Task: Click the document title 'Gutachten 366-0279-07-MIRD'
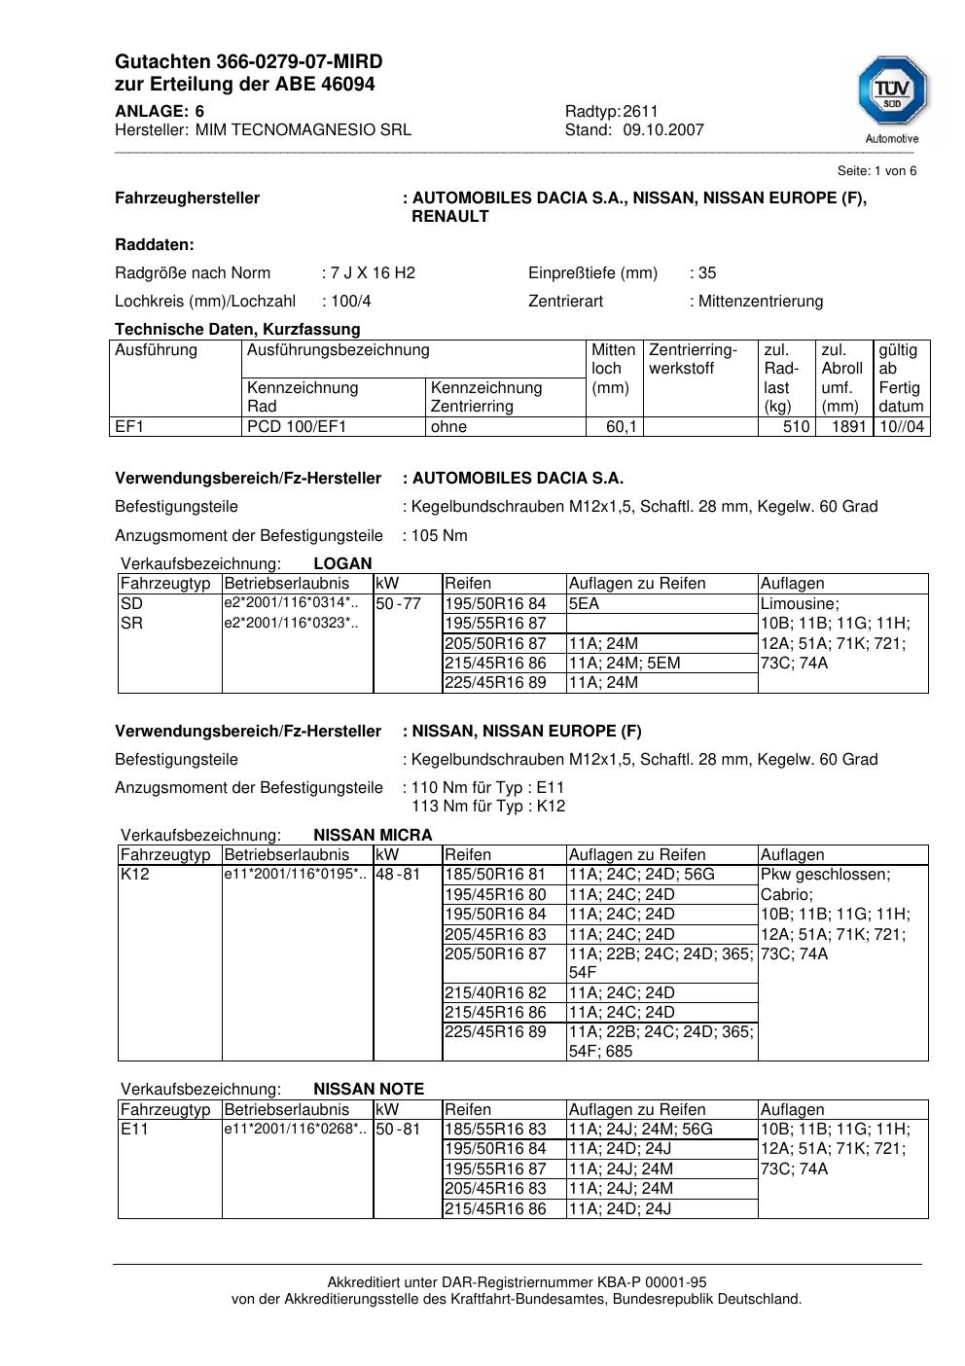(248, 61)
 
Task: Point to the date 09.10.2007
(663, 129)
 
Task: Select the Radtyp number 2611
(641, 111)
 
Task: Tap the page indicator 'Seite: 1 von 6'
(876, 171)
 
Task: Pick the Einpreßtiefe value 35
(707, 272)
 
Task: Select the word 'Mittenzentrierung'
(761, 301)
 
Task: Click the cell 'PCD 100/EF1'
(297, 426)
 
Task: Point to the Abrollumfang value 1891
(848, 426)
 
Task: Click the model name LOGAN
(342, 563)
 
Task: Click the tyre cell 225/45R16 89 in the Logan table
(495, 682)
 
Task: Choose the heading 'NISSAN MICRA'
(373, 835)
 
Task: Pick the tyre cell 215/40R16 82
(495, 992)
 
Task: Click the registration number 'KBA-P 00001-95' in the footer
(642, 1282)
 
